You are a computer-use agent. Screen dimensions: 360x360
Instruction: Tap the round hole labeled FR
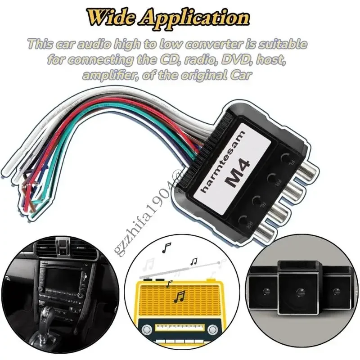(x=272, y=180)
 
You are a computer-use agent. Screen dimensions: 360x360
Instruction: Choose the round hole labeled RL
(x=259, y=201)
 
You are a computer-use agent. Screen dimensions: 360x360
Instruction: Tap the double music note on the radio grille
(x=180, y=296)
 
